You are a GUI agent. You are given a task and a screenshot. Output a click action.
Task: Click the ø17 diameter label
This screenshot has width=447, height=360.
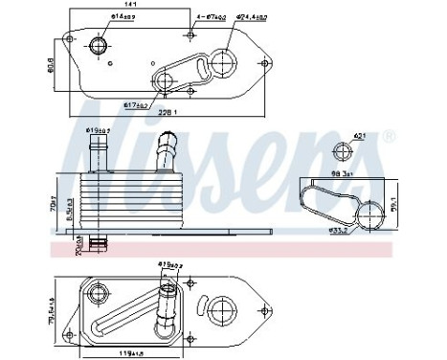click(x=137, y=104)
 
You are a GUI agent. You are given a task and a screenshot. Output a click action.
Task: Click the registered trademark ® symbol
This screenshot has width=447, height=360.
click(x=389, y=138)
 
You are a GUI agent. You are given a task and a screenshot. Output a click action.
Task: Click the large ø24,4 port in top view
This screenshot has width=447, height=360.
click(x=222, y=63)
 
